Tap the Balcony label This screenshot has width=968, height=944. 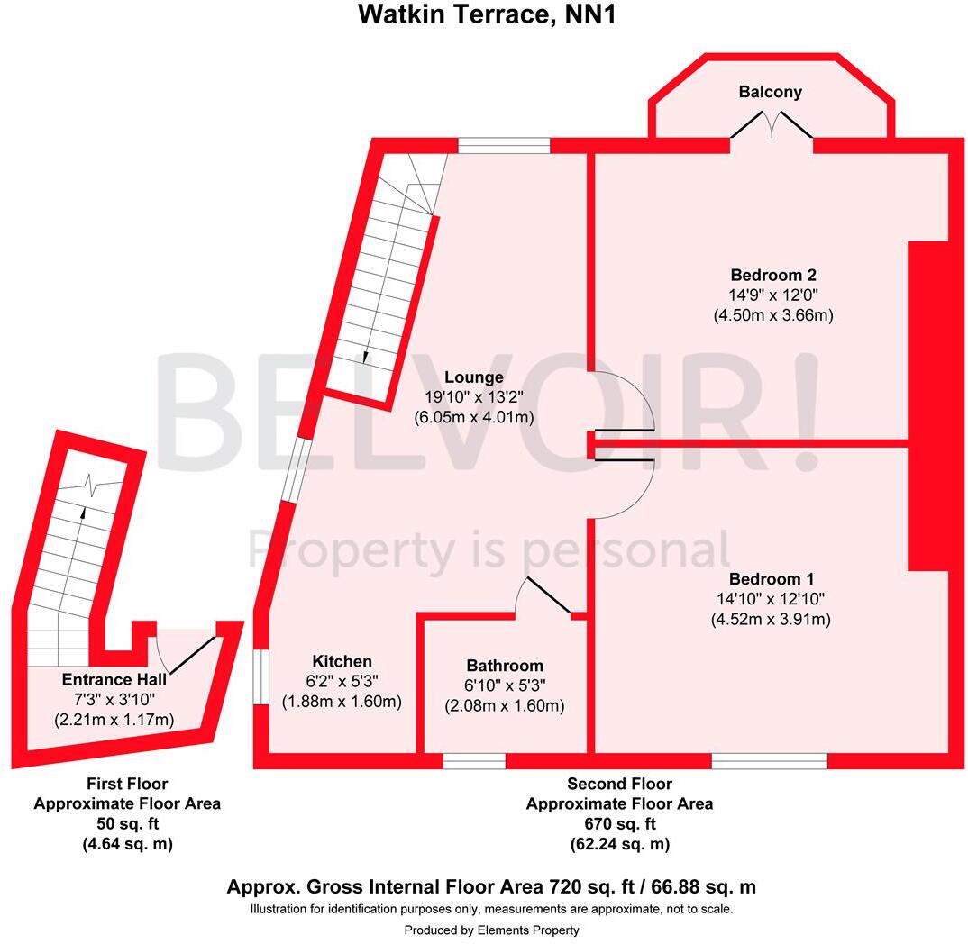[x=770, y=92]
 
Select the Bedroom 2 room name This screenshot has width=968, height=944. [x=773, y=275]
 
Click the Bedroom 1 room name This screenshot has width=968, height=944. [x=772, y=578]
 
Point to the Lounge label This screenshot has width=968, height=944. [x=473, y=377]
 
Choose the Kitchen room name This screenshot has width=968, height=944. [x=342, y=661]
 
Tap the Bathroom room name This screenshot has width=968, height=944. [x=504, y=666]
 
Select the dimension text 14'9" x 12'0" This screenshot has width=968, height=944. [x=773, y=295]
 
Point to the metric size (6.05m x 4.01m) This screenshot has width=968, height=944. [x=473, y=417]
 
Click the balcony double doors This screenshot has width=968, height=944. [x=771, y=124]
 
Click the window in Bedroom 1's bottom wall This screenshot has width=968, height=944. [x=769, y=761]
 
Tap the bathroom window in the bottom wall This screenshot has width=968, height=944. [x=474, y=761]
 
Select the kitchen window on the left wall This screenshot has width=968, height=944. [x=259, y=676]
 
